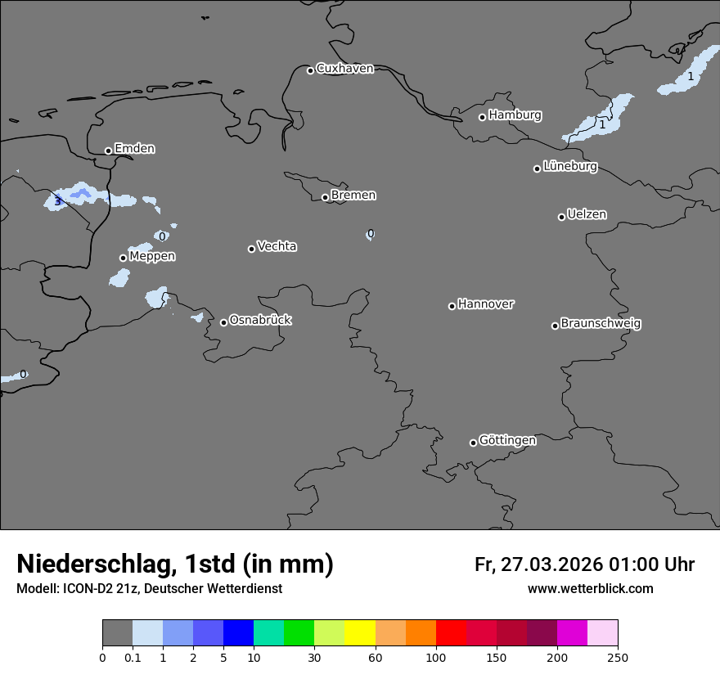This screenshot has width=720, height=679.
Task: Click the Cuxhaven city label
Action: [x=344, y=69]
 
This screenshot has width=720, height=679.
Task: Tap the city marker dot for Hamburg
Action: [x=482, y=117]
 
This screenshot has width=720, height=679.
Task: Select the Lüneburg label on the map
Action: [x=569, y=167]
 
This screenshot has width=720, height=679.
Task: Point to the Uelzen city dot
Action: [x=561, y=217]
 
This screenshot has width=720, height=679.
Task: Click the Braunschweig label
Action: [x=601, y=324]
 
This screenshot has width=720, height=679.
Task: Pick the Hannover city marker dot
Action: [x=452, y=306]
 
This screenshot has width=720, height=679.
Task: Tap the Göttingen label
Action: [x=507, y=441]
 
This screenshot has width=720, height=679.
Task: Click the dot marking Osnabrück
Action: [x=223, y=322]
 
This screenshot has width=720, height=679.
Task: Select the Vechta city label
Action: [x=277, y=247]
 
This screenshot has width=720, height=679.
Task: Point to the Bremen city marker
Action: [x=325, y=197]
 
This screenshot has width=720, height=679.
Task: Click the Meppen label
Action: [x=152, y=257]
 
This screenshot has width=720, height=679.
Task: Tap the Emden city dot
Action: [x=108, y=151]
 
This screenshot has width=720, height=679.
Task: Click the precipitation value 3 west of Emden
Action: [x=57, y=201]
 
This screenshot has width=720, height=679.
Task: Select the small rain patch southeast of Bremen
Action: [x=370, y=234]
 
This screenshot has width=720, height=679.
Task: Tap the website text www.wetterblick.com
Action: [x=590, y=589]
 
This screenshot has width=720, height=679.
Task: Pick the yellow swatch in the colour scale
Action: [x=360, y=633]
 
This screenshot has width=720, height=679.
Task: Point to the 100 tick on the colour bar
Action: [x=436, y=656]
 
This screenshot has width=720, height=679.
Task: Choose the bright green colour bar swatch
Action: [x=299, y=633]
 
